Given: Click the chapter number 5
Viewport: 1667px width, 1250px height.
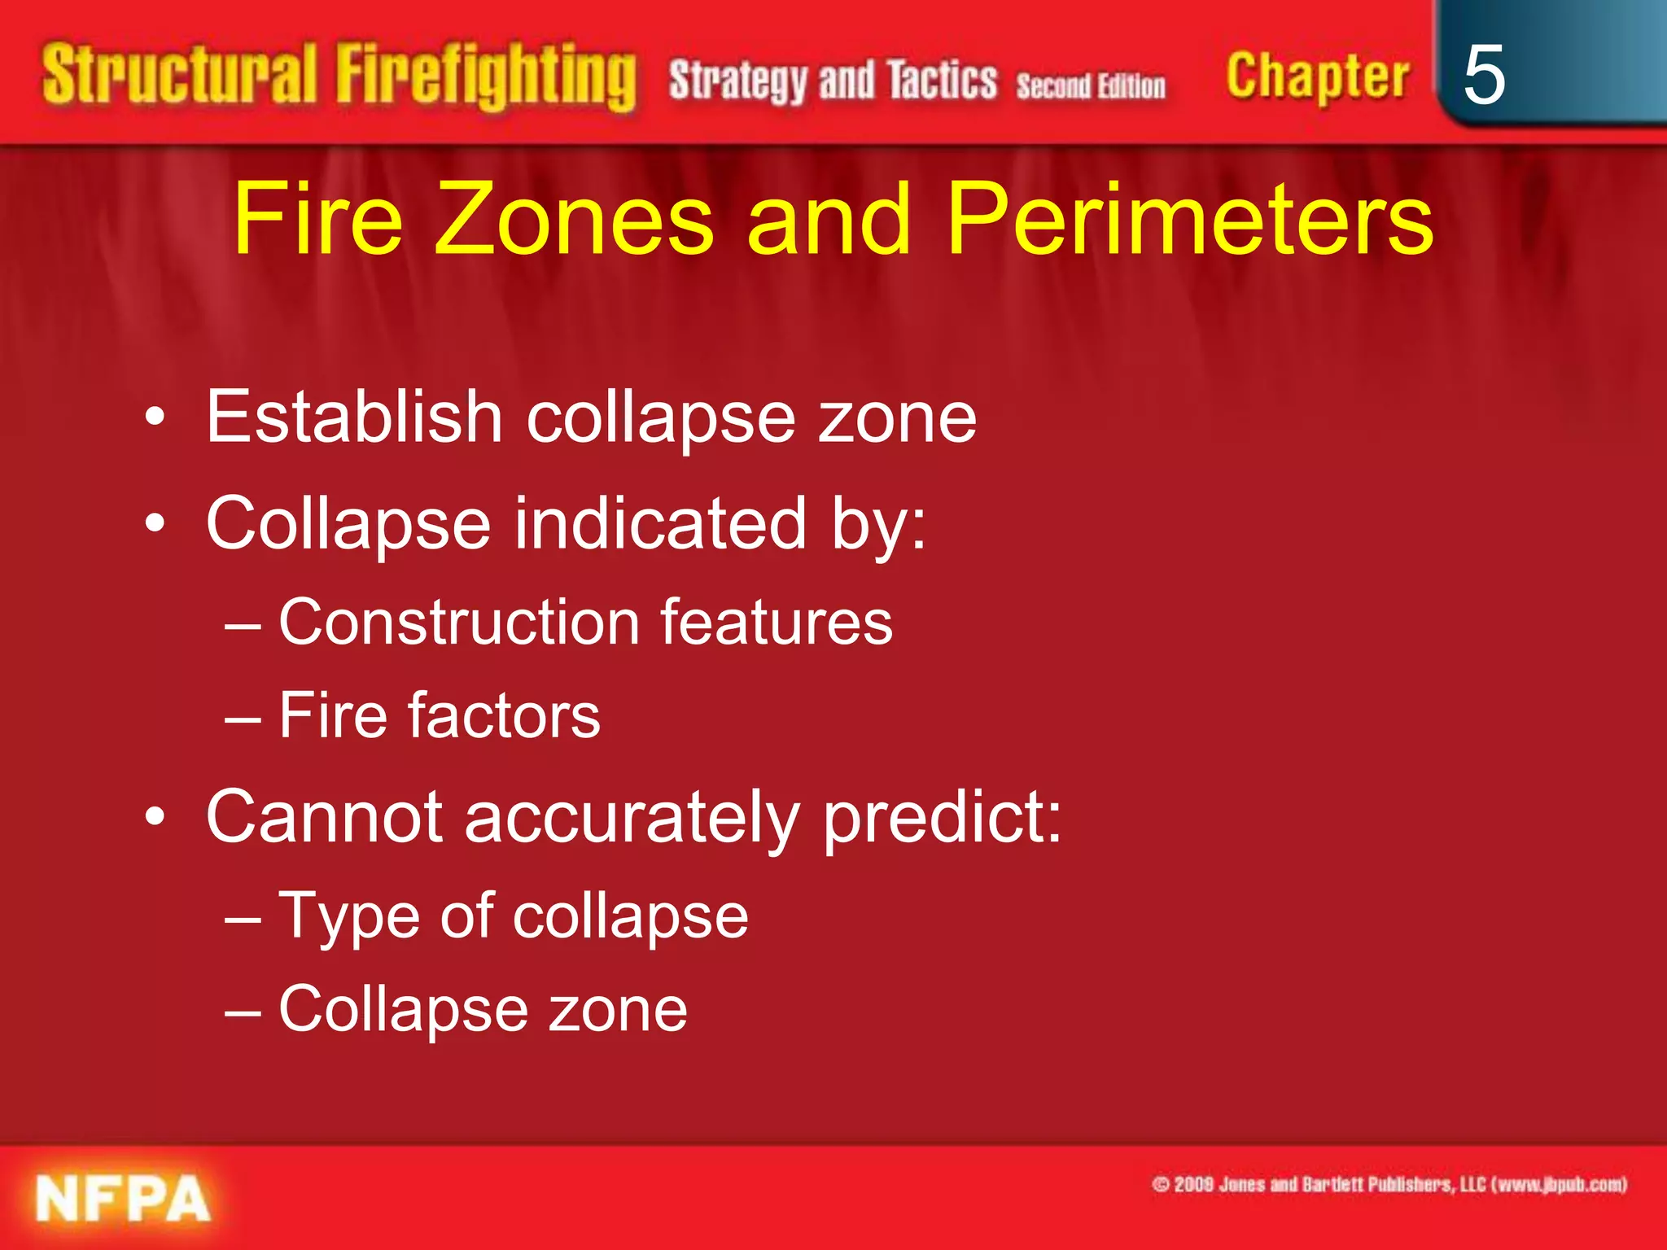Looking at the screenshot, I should point(1483,75).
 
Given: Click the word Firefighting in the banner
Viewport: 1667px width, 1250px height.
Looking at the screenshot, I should point(486,77).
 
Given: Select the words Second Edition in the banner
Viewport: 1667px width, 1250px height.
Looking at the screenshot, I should point(1091,85).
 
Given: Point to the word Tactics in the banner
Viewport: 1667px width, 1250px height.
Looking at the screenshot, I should point(942,81).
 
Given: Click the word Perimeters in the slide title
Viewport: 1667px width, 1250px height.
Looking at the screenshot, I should point(1189,219).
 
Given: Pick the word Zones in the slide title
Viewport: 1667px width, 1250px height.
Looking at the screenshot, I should point(574,219).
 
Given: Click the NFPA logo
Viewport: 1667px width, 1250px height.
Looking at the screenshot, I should point(123,1198).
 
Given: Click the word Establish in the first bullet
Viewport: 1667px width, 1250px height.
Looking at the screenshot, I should point(354,417).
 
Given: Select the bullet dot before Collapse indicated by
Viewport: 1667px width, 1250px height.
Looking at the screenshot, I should point(155,523).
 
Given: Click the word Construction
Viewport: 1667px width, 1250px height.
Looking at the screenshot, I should point(459,623).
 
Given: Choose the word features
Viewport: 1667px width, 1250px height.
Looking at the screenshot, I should point(776,623).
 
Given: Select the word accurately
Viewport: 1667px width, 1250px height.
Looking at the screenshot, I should point(632,817).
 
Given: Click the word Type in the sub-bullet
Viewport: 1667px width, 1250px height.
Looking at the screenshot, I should point(345,917).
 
